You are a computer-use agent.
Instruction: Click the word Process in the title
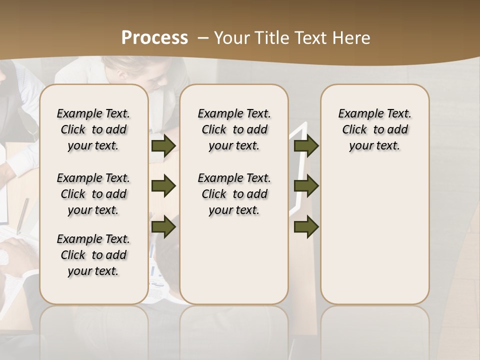point(154,38)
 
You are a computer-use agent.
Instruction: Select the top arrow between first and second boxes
point(163,146)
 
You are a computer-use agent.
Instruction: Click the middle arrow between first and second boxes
point(163,186)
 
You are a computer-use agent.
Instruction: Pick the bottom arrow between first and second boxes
point(163,226)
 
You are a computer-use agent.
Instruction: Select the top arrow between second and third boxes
point(306,146)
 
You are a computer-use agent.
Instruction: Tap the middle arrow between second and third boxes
point(306,186)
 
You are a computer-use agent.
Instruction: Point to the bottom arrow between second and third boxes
point(306,226)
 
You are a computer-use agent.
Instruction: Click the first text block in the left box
point(93,129)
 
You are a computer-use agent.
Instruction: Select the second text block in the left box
point(93,194)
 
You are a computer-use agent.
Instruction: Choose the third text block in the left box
point(93,255)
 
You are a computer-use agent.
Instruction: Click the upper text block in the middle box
point(234,129)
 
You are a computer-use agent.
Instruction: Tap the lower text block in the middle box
point(234,194)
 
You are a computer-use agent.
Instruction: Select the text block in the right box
point(374,129)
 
